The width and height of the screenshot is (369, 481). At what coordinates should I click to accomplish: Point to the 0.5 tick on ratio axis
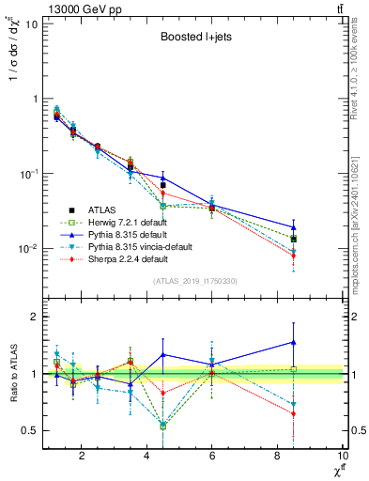pyautogui.click(x=28, y=430)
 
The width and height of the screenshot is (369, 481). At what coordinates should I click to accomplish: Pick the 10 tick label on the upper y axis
pyautogui.click(x=28, y=23)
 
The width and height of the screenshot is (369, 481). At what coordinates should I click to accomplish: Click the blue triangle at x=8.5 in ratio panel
pyautogui.click(x=294, y=343)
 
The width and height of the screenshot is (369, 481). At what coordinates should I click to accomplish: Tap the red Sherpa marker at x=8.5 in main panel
pyautogui.click(x=294, y=256)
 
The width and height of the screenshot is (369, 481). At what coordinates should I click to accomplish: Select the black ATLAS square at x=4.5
pyautogui.click(x=163, y=185)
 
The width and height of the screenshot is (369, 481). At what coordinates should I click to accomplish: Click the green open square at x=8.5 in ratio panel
pyautogui.click(x=294, y=369)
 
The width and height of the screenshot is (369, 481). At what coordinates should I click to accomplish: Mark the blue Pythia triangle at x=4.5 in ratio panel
pyautogui.click(x=163, y=355)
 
